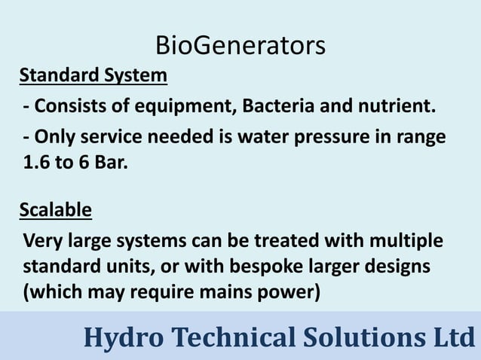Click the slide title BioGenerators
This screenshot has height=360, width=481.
[240, 45]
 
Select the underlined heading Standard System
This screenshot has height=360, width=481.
[93, 76]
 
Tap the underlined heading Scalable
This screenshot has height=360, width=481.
[55, 209]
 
